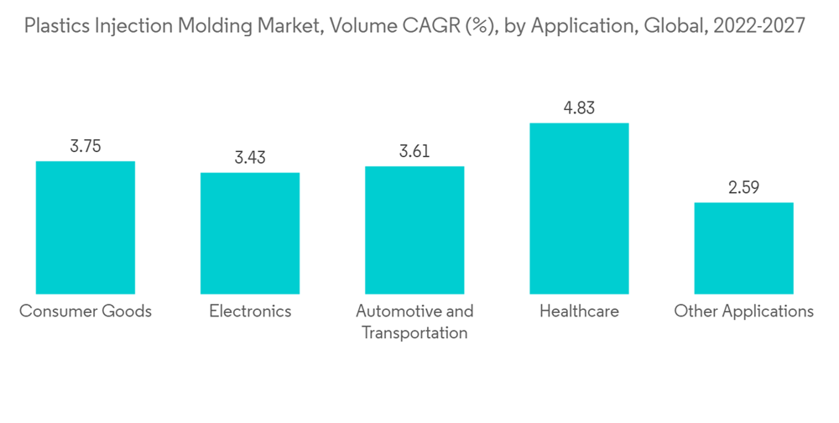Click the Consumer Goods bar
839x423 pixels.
86,227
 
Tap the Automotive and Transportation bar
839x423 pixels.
414,230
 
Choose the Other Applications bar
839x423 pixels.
743,248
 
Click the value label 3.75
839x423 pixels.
86,146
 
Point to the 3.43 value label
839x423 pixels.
250,158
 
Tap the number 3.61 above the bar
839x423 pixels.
414,151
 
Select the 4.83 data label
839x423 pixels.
579,108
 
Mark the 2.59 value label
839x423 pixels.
743,187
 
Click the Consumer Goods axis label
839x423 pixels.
86,311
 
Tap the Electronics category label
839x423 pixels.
250,311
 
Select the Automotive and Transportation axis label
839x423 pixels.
414,321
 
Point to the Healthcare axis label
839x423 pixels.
579,311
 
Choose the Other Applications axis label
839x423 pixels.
743,311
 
